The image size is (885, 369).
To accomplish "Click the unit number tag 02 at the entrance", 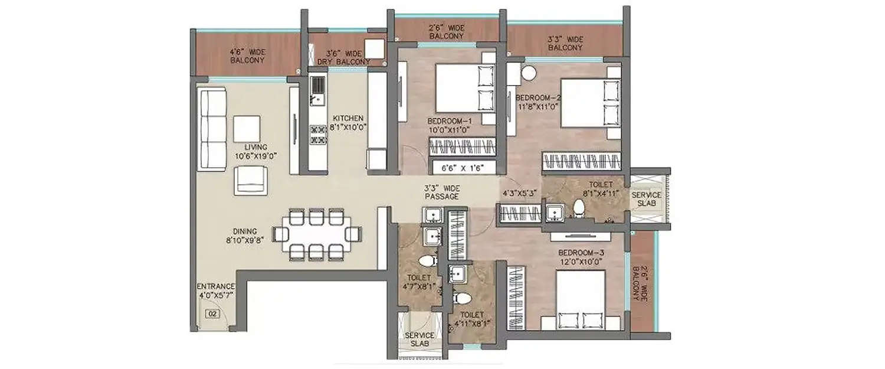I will coord(209,314).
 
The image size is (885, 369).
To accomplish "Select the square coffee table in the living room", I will coord(247,128).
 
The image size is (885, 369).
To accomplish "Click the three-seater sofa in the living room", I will coord(212,128).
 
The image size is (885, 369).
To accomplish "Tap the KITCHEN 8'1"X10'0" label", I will coord(348,122).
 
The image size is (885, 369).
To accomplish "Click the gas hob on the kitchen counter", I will coord(317,135).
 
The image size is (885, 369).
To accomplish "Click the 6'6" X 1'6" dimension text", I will coord(463,168).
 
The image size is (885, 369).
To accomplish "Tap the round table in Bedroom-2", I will coord(528,73).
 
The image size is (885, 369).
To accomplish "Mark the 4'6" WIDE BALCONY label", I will coord(247,56).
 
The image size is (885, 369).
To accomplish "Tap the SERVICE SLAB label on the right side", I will coord(646,200).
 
